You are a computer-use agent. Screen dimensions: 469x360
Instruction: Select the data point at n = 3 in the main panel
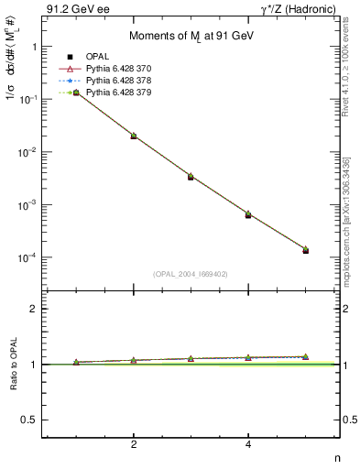191,176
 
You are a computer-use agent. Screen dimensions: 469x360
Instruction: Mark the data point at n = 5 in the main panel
305,249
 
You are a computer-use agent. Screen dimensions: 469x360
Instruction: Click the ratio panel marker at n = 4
248,357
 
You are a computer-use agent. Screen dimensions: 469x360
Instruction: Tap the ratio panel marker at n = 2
134,360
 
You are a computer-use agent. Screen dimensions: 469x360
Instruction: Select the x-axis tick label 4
248,445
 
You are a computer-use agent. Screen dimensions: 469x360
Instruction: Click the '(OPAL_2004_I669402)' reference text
191,274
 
